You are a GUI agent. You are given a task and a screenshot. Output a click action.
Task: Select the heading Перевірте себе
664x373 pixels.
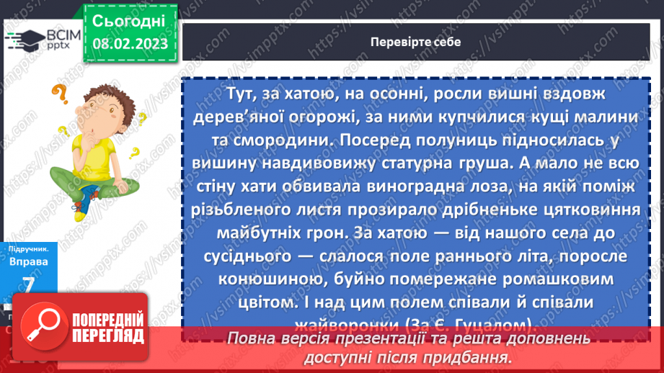point(415,41)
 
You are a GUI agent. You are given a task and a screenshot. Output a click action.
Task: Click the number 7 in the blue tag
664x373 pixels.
point(30,284)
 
